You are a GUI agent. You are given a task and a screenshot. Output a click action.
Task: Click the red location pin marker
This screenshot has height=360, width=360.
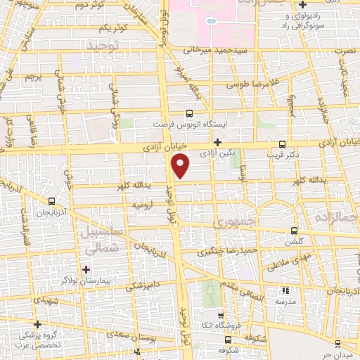tap(181, 165)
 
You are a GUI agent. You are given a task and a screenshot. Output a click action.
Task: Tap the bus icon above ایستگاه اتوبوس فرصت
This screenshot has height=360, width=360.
tap(188, 113)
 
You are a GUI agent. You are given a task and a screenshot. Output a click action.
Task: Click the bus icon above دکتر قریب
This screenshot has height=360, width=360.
tap(283, 143)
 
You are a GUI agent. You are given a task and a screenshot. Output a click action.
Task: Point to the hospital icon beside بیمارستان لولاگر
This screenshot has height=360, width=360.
tap(86, 269)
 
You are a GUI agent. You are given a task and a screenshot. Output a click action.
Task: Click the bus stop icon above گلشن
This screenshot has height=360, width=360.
tap(294, 231)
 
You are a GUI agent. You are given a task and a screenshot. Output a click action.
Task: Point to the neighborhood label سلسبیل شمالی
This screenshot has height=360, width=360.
tap(101, 240)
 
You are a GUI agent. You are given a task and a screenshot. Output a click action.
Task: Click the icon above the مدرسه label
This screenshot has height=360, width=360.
tap(285, 290)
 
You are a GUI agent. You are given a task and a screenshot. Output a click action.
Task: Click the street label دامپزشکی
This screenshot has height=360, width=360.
tap(144, 286)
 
